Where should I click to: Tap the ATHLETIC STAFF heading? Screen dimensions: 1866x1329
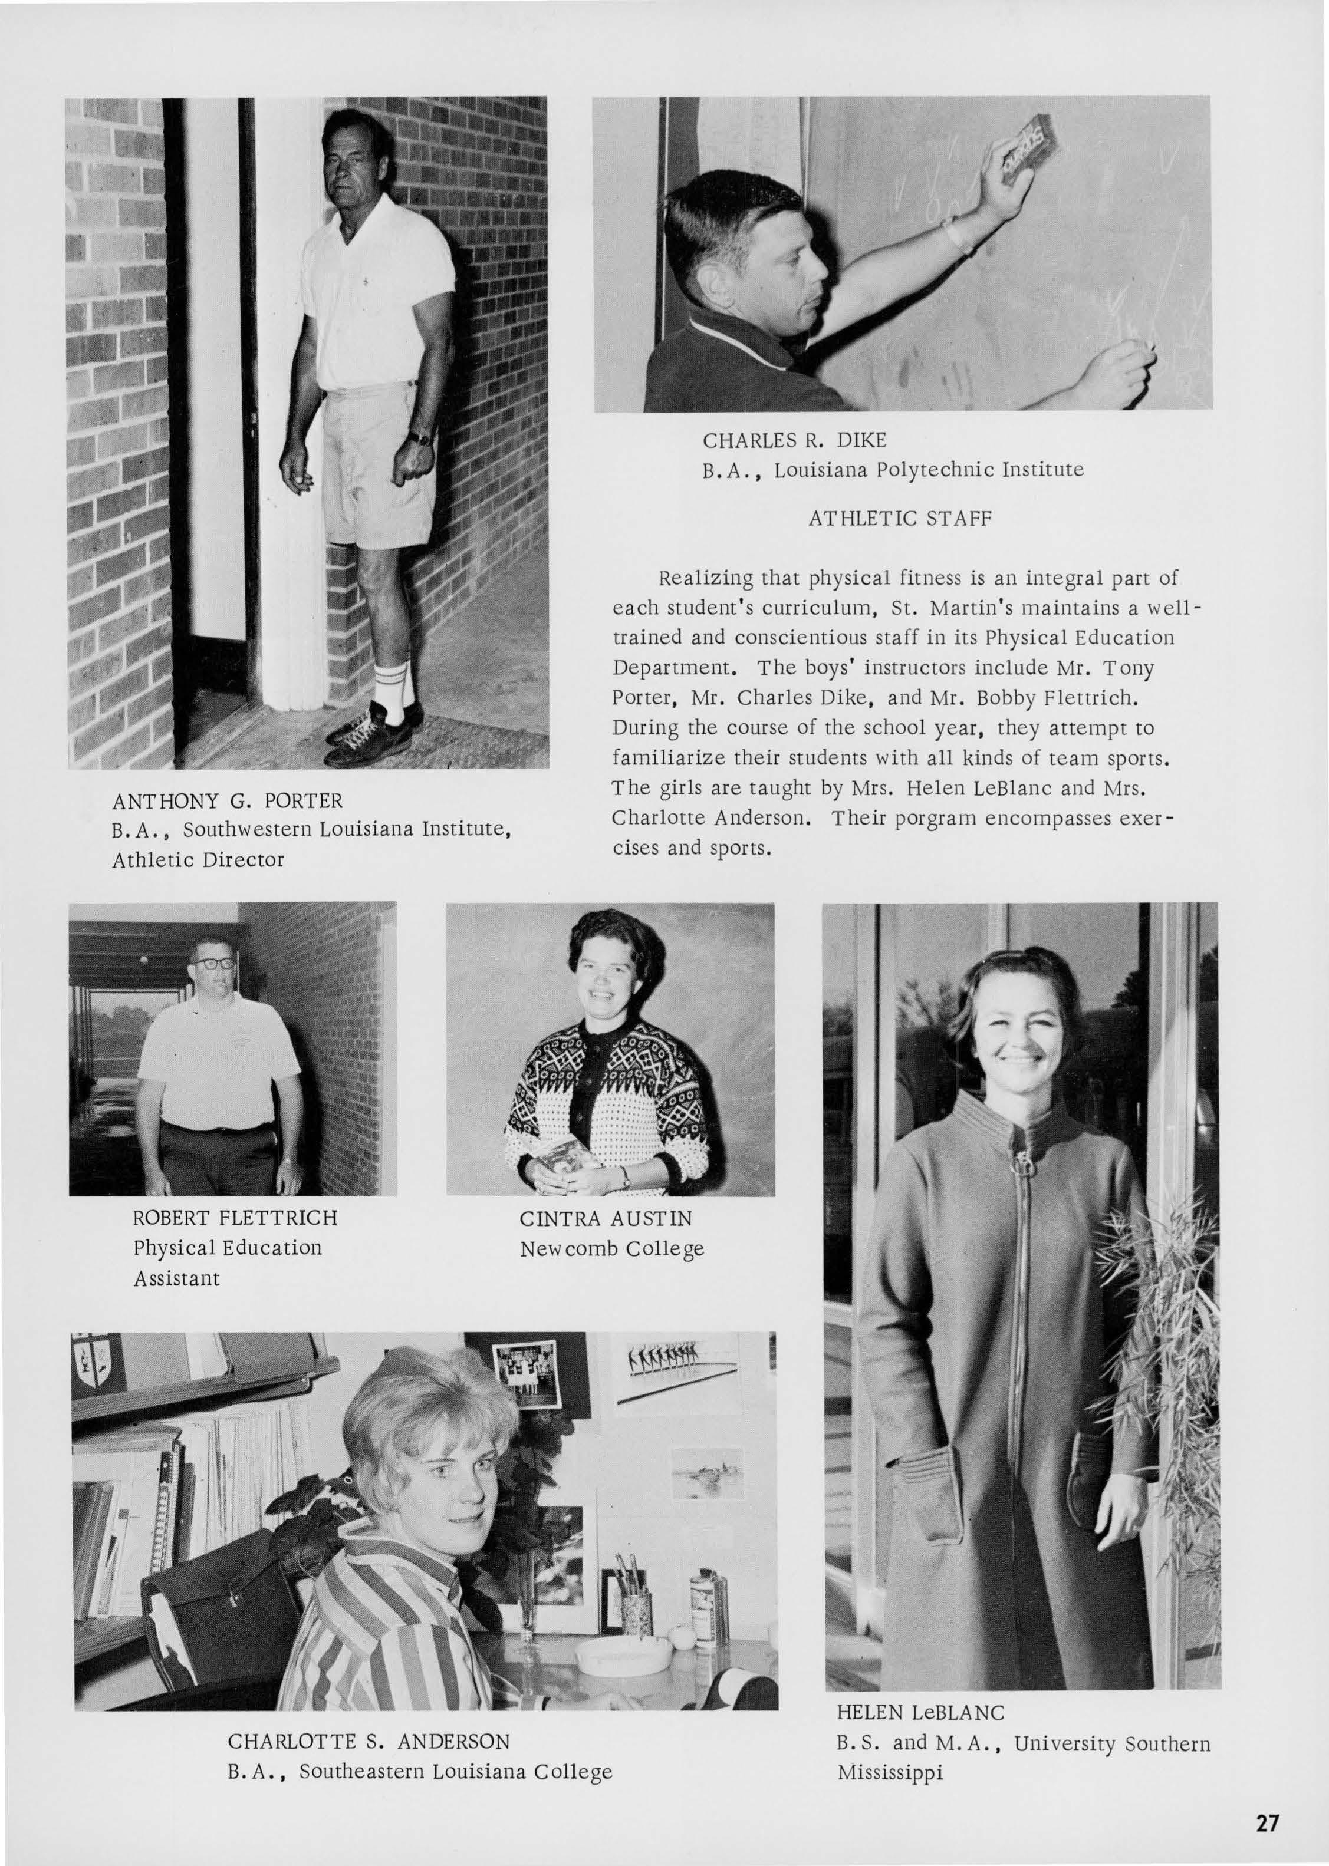899,519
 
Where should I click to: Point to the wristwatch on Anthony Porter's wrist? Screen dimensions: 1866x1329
420,439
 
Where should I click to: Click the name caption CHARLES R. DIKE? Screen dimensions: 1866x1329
794,440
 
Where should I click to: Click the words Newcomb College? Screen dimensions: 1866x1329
611,1249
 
